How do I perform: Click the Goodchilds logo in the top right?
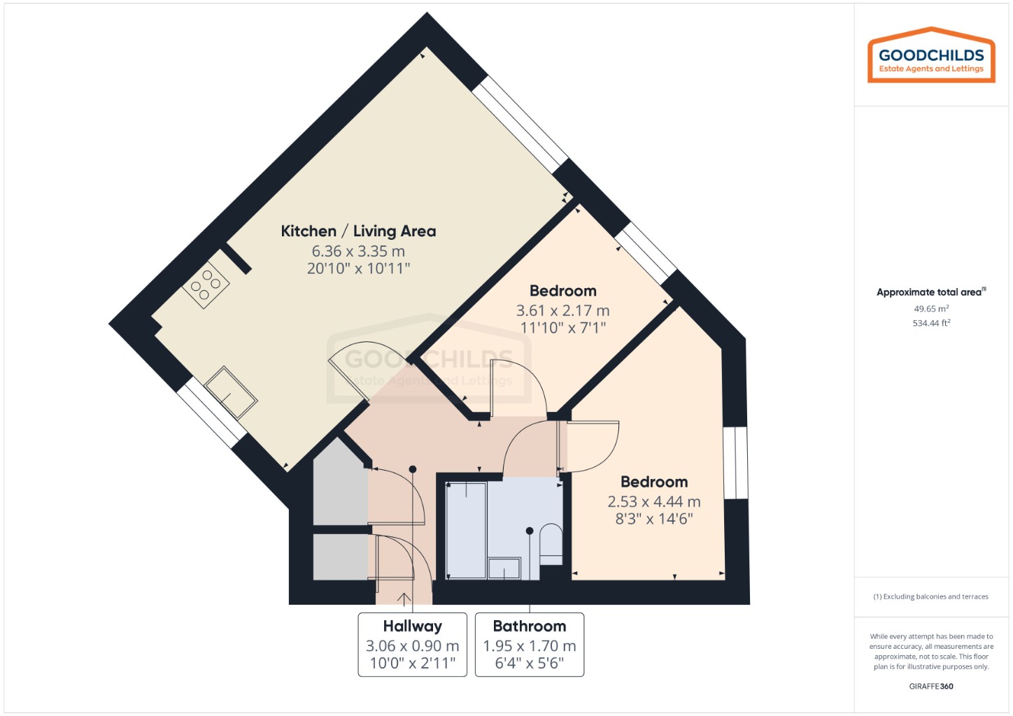pos(930,57)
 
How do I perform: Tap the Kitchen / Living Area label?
pos(358,231)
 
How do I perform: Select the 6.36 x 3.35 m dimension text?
pos(358,251)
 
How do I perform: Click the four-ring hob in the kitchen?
pos(206,285)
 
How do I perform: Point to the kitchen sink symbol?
pos(231,392)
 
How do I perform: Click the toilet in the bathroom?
pos(551,544)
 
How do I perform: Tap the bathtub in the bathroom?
pos(466,530)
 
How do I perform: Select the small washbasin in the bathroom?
pos(504,568)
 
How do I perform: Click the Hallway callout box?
pos(412,644)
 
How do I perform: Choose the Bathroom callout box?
pos(529,644)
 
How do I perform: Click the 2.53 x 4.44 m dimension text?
pos(653,501)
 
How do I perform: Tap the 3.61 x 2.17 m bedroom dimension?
pos(562,310)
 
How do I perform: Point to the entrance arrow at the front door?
pos(404,599)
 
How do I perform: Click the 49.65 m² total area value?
pos(930,308)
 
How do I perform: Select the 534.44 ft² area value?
pos(930,323)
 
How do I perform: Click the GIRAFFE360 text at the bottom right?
pos(930,686)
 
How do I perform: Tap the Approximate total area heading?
pos(930,292)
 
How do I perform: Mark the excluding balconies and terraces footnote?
pos(930,596)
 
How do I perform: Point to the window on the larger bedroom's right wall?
pos(735,463)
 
